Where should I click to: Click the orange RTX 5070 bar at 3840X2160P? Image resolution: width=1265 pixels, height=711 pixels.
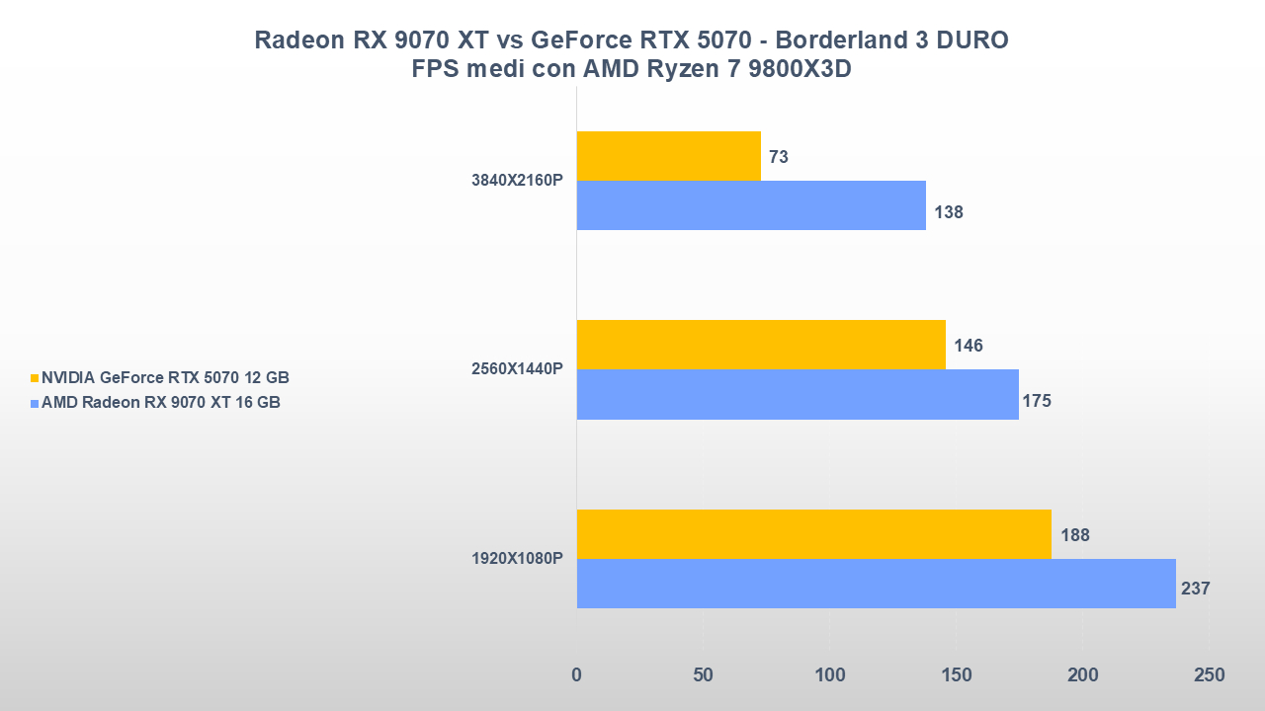click(668, 156)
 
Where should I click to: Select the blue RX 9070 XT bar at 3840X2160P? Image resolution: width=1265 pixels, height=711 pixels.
click(751, 205)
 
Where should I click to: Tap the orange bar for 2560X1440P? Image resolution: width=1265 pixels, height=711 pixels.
click(761, 345)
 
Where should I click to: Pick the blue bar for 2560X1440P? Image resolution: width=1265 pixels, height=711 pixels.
click(798, 395)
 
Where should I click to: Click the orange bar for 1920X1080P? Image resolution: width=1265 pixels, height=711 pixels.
click(813, 534)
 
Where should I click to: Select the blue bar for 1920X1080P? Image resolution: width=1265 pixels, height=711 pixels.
click(876, 584)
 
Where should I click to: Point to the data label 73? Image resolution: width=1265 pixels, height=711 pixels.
click(778, 156)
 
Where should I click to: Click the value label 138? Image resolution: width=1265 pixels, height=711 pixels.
click(948, 211)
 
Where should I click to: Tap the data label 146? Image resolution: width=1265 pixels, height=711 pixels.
click(968, 346)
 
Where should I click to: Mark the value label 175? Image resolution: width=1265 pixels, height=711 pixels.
click(1037, 401)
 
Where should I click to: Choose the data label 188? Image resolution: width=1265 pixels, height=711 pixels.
click(1074, 535)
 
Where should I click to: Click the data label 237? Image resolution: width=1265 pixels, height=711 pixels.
click(1195, 589)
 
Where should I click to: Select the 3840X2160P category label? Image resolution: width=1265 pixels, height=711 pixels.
click(517, 181)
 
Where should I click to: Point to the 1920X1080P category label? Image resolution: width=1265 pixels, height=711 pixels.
click(517, 559)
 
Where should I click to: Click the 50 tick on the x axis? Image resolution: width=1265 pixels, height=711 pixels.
click(703, 675)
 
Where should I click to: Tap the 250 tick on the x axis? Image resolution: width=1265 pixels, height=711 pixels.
click(1208, 675)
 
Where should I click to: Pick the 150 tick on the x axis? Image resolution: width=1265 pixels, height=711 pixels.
click(956, 675)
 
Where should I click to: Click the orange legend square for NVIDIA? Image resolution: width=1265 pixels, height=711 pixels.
click(35, 378)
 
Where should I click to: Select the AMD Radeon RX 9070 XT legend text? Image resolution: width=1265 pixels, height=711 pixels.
click(160, 402)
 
